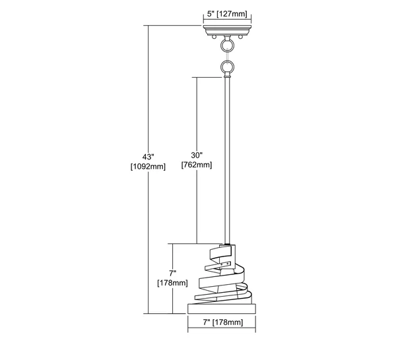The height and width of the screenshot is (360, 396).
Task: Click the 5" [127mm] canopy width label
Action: tap(227, 14)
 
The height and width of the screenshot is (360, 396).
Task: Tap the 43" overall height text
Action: tap(148, 157)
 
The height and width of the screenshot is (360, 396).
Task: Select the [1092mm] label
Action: tap(148, 167)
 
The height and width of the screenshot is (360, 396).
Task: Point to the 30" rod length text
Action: tap(197, 155)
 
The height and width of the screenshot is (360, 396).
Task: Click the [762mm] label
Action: tap(197, 165)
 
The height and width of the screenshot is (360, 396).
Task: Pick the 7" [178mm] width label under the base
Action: tap(223, 322)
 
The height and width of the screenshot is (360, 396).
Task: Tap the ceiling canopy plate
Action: tap(227, 30)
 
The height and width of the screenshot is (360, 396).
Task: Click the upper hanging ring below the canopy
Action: tap(227, 45)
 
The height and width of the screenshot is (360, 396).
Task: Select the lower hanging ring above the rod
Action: tap(227, 67)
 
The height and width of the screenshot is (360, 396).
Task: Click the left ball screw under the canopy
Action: tap(214, 37)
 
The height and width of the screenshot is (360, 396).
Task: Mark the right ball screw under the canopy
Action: tap(240, 37)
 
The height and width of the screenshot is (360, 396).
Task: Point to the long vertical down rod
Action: tap(227, 160)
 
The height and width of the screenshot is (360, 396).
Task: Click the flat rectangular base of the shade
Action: tap(222, 309)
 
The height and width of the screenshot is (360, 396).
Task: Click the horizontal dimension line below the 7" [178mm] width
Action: tap(222, 328)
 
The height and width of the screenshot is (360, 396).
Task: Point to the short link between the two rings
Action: tap(227, 56)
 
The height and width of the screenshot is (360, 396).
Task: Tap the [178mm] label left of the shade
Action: tap(172, 283)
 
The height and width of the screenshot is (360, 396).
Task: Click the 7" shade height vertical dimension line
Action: tap(173, 278)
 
